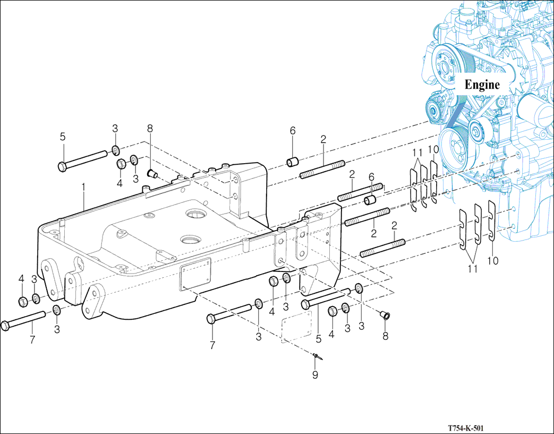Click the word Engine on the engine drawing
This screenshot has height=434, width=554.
(482, 84)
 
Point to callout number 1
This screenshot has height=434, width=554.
(83, 187)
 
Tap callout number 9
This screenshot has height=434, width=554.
(315, 375)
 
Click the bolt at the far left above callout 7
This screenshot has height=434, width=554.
(24, 320)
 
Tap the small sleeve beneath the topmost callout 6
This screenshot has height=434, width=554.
(292, 161)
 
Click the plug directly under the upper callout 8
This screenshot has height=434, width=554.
(151, 173)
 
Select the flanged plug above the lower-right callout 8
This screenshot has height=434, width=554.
(385, 316)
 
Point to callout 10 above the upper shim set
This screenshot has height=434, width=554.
(433, 150)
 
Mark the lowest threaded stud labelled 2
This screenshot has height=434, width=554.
(382, 248)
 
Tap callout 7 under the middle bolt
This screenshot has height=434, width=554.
(212, 345)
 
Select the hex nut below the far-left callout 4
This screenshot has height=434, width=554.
(23, 302)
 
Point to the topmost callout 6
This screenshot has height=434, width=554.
(292, 131)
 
